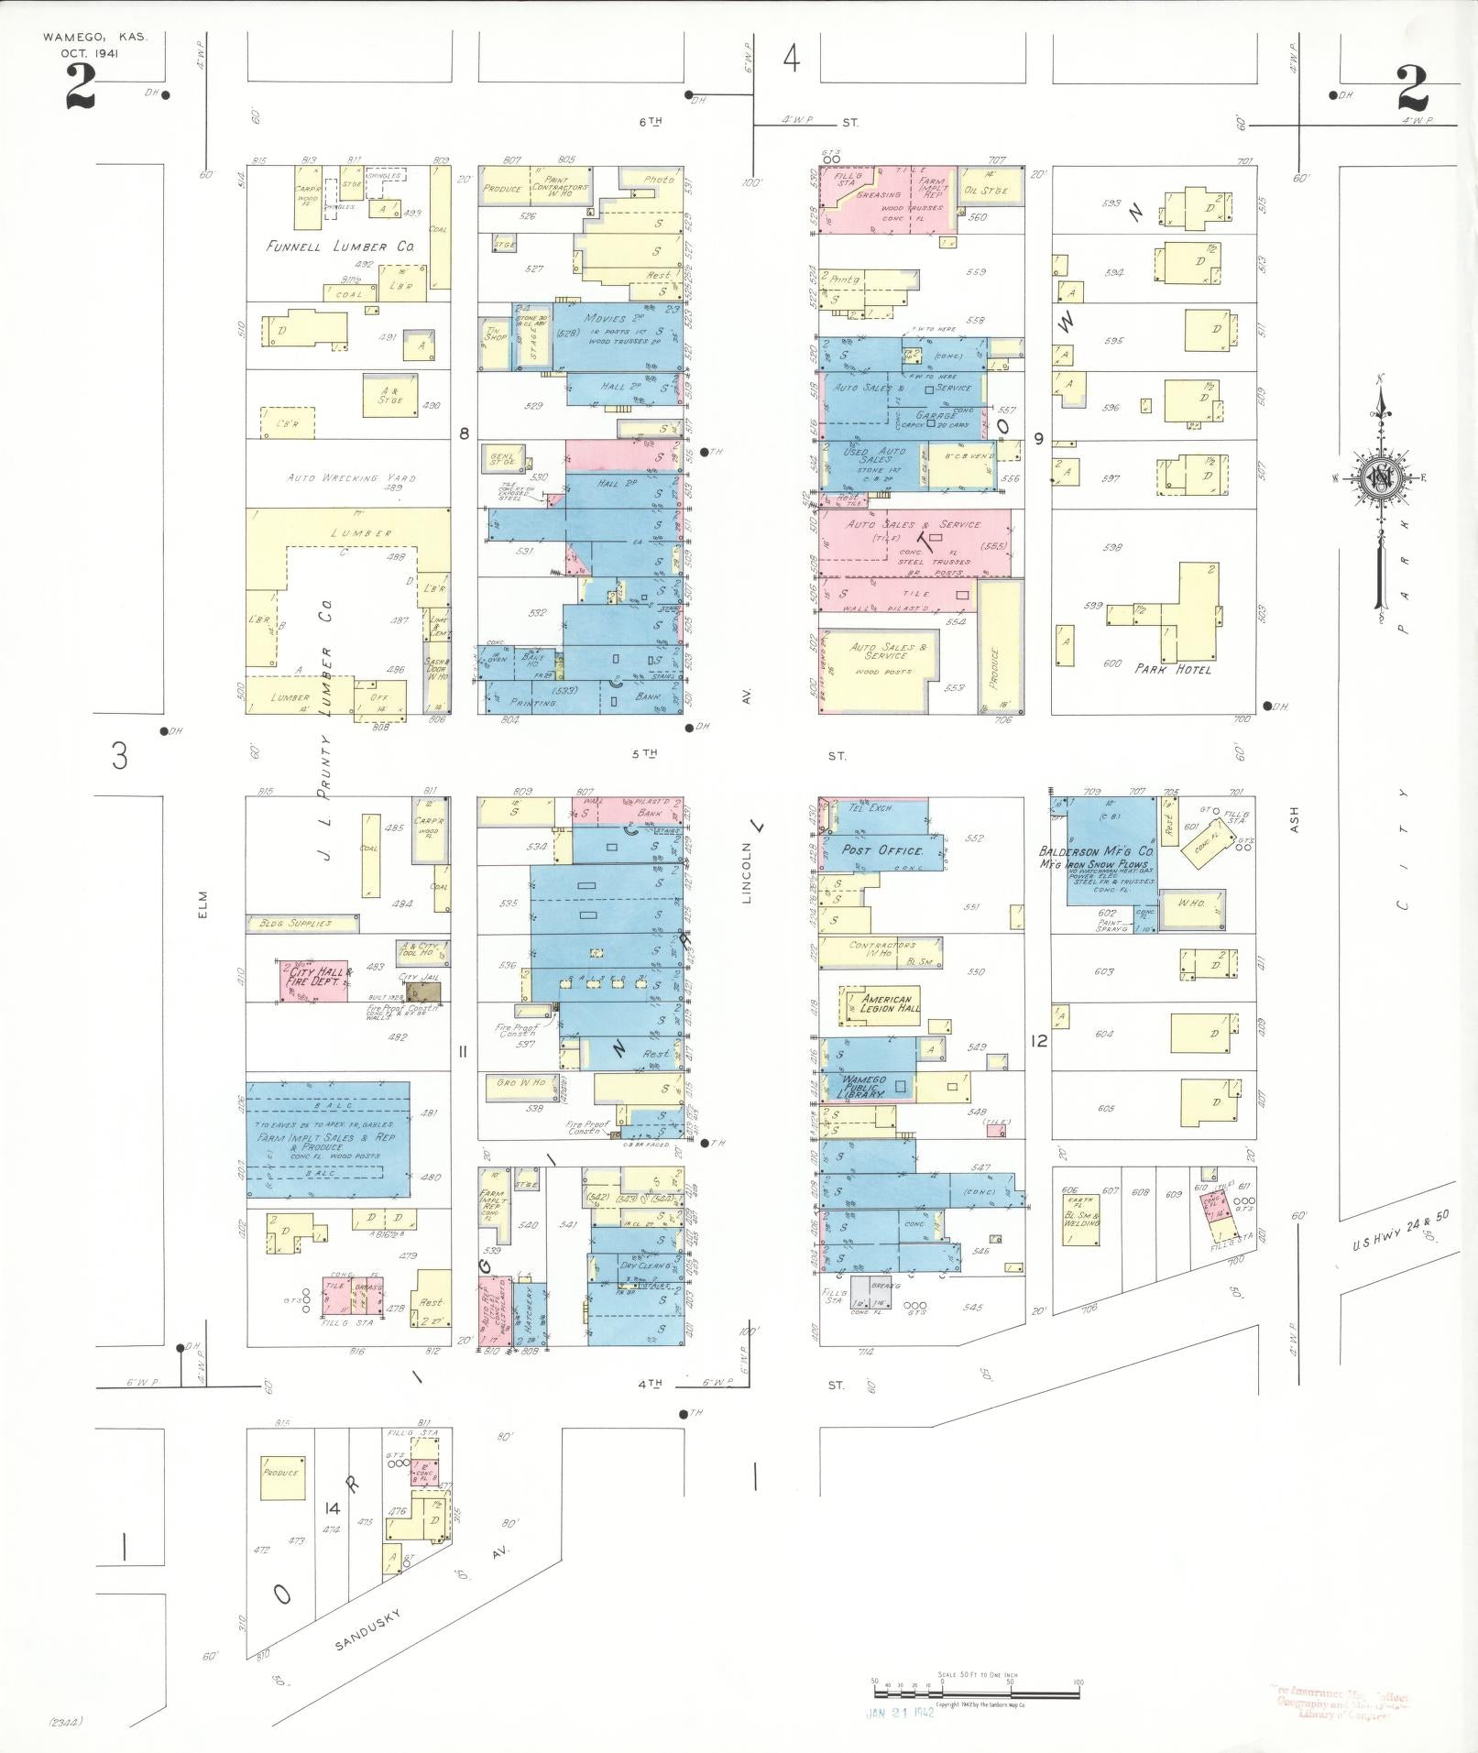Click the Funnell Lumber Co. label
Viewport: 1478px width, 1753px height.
(340, 247)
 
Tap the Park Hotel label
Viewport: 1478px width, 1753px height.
(1173, 669)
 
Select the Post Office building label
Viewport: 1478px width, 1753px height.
(881, 850)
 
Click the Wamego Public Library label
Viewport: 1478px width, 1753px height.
(863, 1087)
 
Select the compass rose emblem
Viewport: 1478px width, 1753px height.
(1377, 477)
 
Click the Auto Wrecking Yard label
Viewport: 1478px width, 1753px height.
(352, 478)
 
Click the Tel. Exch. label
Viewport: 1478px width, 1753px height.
(870, 808)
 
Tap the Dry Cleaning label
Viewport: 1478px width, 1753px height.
(647, 1265)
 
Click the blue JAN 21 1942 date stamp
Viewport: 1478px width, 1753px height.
(901, 1712)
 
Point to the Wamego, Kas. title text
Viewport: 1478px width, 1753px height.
(94, 38)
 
